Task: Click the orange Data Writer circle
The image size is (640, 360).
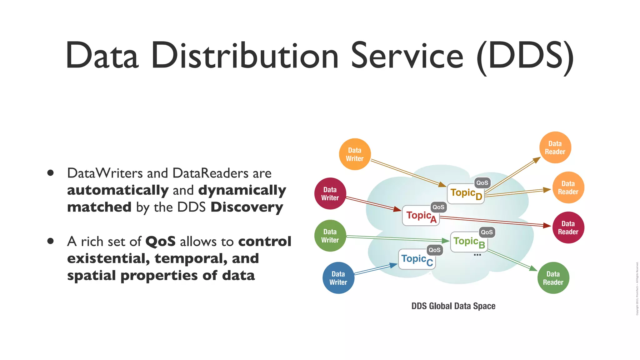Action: point(355,154)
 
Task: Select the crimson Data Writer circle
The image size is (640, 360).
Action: point(330,194)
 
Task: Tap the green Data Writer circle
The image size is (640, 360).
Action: point(330,236)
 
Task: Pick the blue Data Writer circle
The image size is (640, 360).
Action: point(338,278)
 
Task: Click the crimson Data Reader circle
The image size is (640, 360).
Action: point(568,227)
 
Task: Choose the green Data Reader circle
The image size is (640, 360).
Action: point(553,278)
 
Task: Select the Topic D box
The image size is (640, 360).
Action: point(466,194)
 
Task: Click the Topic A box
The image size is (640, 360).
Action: point(421,216)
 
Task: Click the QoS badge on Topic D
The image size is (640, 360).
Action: point(482,183)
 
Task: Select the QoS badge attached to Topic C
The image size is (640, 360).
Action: point(434,250)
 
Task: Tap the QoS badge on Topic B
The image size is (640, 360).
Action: point(487,232)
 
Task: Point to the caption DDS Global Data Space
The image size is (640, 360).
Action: point(453,306)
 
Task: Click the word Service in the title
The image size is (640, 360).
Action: point(407,56)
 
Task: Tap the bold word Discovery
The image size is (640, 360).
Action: point(247,207)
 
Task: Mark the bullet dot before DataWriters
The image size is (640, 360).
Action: point(51,173)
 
